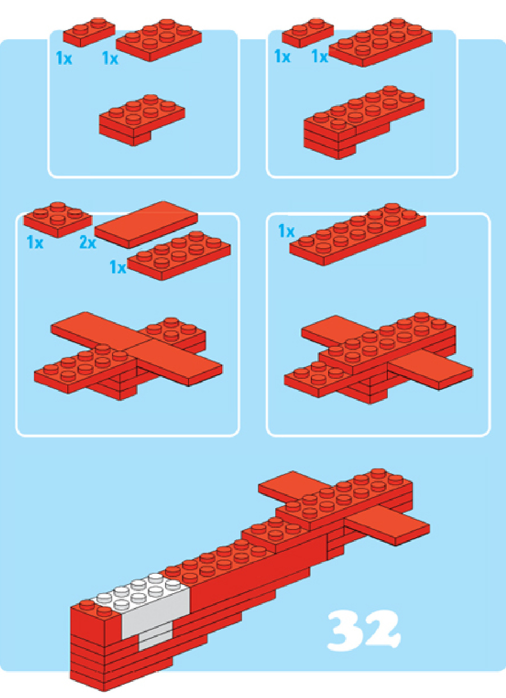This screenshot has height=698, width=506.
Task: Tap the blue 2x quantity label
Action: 88,242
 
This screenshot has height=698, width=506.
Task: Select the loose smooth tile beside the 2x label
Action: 146,225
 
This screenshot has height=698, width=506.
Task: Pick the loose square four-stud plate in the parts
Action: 58,219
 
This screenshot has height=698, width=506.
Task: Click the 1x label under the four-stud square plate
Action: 35,242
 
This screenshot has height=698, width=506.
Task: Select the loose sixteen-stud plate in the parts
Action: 358,234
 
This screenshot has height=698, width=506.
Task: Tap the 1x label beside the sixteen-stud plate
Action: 286,231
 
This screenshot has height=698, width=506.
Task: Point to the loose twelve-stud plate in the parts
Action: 381,43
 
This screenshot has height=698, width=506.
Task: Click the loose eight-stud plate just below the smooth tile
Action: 179,256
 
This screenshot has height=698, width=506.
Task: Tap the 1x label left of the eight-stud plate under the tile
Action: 118,267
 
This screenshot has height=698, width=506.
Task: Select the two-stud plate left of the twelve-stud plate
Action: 308,33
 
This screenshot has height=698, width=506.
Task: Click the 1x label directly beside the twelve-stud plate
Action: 319,57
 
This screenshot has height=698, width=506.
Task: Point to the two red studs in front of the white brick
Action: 93,608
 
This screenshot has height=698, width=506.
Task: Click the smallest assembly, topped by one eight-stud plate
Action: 142,120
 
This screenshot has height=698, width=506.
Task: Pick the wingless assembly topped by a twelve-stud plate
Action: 364,122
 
